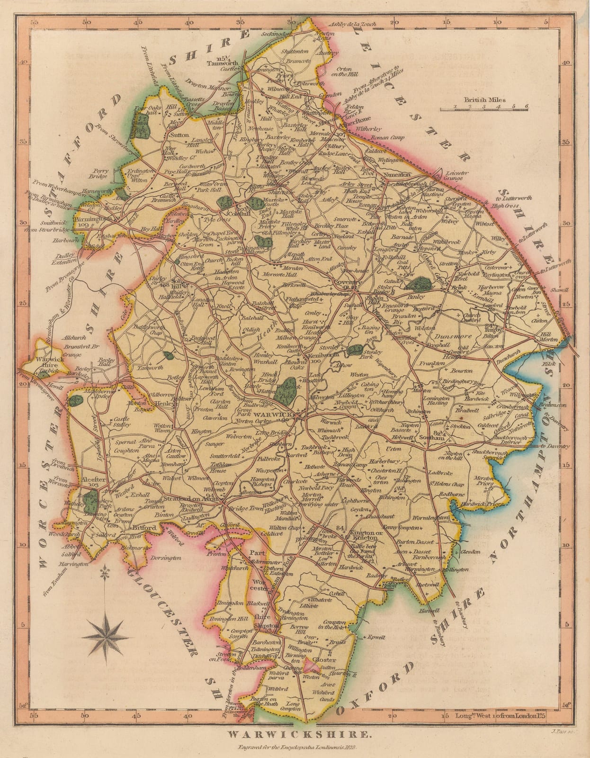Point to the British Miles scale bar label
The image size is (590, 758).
pos(484,100)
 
